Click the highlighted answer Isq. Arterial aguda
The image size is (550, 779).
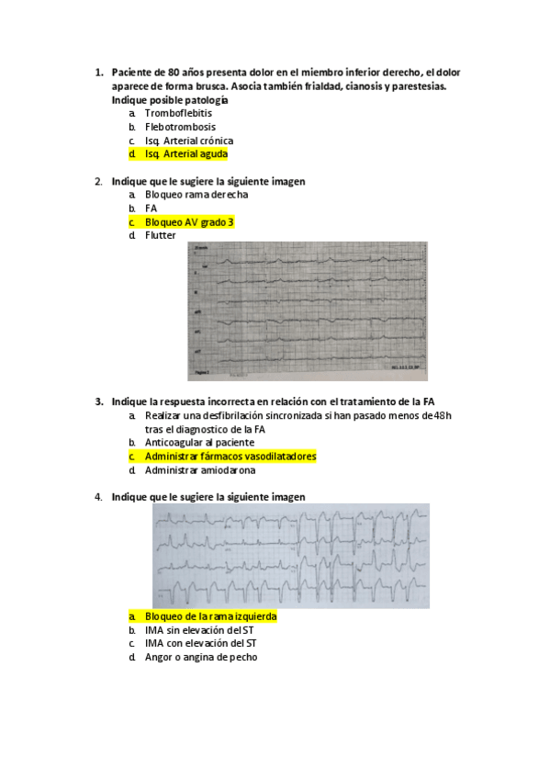click(x=185, y=154)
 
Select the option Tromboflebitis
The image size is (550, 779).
click(x=178, y=113)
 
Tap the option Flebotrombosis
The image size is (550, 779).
click(x=180, y=127)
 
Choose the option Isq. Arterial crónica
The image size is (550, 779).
click(x=188, y=141)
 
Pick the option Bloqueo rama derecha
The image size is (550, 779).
click(x=196, y=195)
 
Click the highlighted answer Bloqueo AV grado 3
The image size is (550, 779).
click(x=189, y=222)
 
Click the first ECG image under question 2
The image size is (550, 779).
click(x=308, y=310)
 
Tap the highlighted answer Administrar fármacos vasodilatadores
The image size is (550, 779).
click(x=230, y=457)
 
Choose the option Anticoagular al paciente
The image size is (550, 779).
click(x=199, y=443)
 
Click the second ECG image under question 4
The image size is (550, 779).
click(x=290, y=556)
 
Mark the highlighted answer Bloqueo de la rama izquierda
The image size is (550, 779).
click(x=210, y=616)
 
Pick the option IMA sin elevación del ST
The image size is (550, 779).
click(x=199, y=630)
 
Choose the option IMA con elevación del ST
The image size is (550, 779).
click(x=200, y=644)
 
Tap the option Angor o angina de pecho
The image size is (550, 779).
click(x=200, y=658)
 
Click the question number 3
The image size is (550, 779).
click(x=98, y=401)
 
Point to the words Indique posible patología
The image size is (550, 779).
click(x=170, y=99)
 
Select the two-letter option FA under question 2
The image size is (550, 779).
click(x=152, y=209)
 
